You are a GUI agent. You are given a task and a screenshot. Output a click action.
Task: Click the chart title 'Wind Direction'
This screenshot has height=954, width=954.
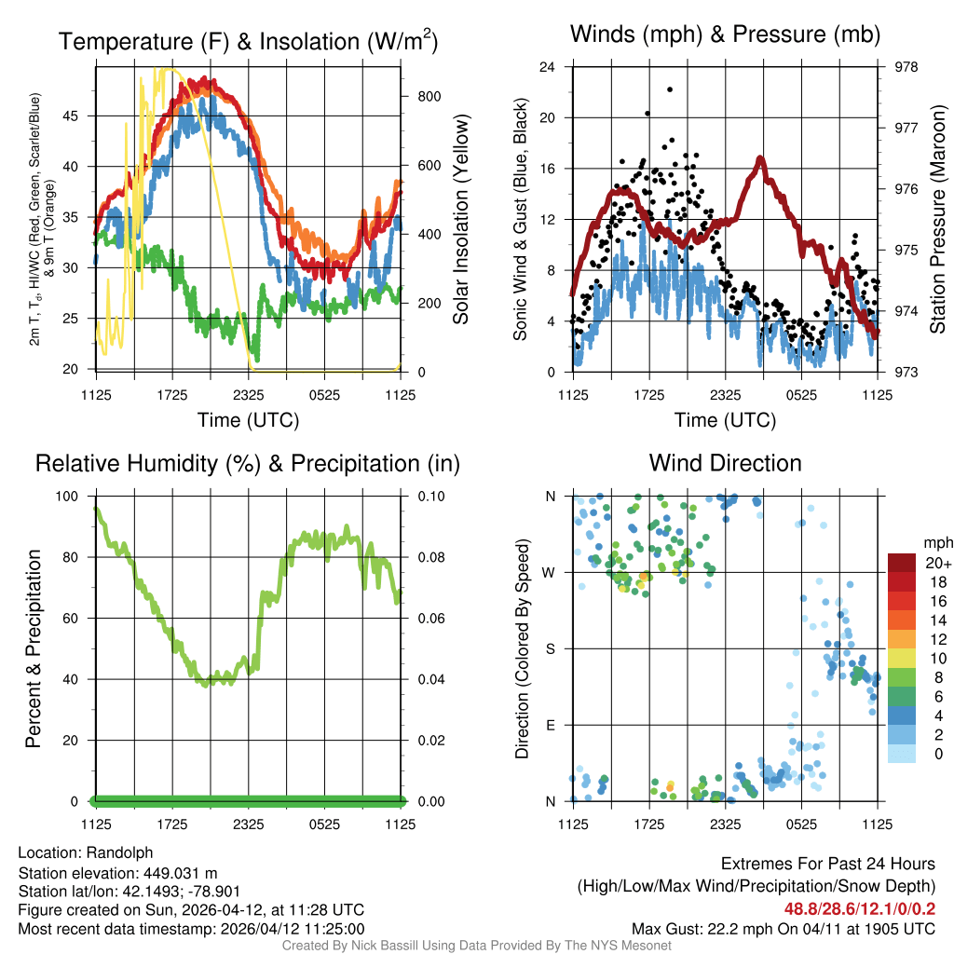coord(725,463)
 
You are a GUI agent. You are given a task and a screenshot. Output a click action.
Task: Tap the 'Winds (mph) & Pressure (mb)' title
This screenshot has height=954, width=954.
coord(725,35)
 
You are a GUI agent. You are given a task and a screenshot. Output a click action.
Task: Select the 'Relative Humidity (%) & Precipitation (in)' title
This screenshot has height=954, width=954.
coord(248,463)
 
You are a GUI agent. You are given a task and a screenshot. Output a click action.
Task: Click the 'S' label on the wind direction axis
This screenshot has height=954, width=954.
coord(550,648)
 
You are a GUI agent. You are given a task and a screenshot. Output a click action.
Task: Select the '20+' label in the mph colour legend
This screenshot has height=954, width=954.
coord(937,563)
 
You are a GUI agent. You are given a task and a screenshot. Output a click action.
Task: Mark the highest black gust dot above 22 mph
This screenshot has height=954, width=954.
coord(670,89)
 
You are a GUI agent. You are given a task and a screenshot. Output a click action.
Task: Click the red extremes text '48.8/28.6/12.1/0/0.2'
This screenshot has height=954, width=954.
coord(859,908)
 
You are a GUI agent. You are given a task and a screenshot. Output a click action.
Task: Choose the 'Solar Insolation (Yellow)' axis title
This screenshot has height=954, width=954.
coord(460,220)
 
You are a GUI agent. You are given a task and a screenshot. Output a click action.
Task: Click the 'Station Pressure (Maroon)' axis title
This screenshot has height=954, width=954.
coord(937,220)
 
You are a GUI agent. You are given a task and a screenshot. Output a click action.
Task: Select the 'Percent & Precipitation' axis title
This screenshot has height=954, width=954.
coord(34,648)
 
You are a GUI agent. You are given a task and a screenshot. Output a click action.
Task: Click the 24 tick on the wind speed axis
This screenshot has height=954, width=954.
coord(548,67)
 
